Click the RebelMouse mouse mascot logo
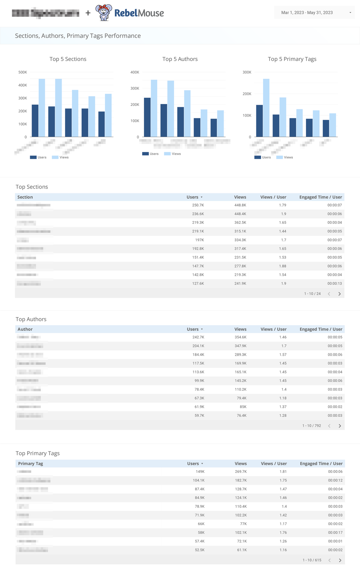104,12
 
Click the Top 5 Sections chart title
68,59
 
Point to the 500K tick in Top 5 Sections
23,72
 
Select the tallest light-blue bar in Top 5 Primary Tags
266,108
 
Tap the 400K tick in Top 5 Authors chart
135,72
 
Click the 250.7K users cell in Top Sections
198,205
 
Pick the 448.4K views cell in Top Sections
240,214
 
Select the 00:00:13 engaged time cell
335,284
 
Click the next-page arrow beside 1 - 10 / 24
339,294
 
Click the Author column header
25,329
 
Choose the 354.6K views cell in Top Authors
241,337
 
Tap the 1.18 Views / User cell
282,398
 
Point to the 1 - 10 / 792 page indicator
312,426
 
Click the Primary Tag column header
30,464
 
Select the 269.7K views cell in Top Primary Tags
241,472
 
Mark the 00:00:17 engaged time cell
335,533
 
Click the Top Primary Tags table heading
37,453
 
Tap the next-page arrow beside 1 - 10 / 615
340,560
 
